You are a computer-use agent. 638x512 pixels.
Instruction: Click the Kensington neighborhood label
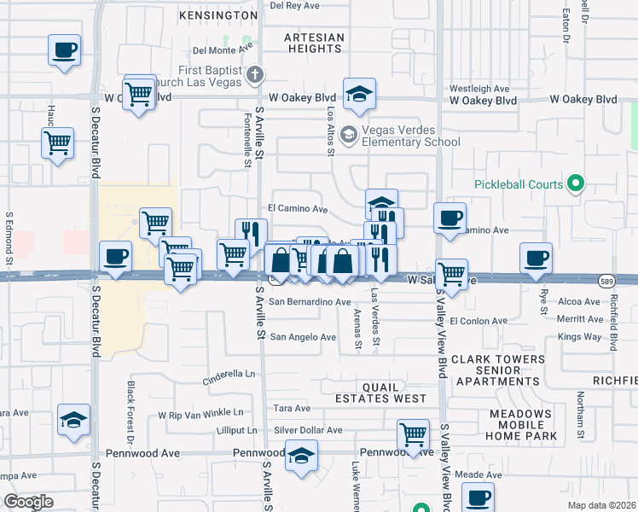pos(219,15)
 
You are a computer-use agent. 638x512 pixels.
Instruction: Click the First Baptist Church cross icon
pos(253,74)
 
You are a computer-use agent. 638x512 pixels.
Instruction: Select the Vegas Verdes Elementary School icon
pos(348,135)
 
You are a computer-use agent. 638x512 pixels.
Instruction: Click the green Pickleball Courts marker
pos(576,183)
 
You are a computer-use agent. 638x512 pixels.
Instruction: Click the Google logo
pos(28,502)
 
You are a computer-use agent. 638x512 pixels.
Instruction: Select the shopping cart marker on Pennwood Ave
pos(414,433)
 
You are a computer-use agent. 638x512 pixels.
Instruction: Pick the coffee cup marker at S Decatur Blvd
pos(115,255)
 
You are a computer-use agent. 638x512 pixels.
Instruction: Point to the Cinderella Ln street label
pos(229,374)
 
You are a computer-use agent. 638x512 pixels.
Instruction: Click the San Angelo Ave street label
pos(303,337)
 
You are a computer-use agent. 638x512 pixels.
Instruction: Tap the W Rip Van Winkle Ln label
pos(207,415)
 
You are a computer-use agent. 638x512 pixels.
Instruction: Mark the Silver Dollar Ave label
pos(308,430)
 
